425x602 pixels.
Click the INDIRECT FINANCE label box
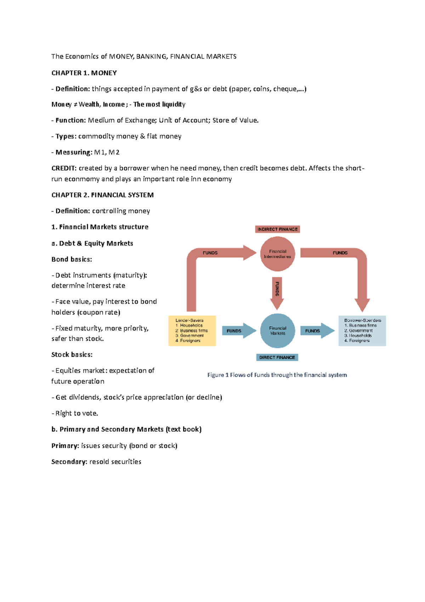click(x=277, y=229)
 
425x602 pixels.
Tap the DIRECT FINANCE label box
click(x=277, y=357)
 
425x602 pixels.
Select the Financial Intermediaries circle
click(x=278, y=254)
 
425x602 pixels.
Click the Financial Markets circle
click(x=278, y=331)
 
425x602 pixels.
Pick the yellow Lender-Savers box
click(x=192, y=331)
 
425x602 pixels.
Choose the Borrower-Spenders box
click(x=362, y=331)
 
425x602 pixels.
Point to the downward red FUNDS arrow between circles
click(x=277, y=292)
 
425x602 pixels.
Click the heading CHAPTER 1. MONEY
click(x=84, y=73)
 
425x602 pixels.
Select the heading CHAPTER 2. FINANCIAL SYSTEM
click(x=102, y=195)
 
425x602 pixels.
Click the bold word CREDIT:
click(x=64, y=168)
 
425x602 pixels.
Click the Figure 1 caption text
click(x=277, y=375)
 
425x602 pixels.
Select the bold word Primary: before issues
click(x=65, y=446)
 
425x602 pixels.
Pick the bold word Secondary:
click(x=69, y=462)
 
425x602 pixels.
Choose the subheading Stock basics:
click(x=72, y=355)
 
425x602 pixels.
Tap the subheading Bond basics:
click(x=72, y=259)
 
